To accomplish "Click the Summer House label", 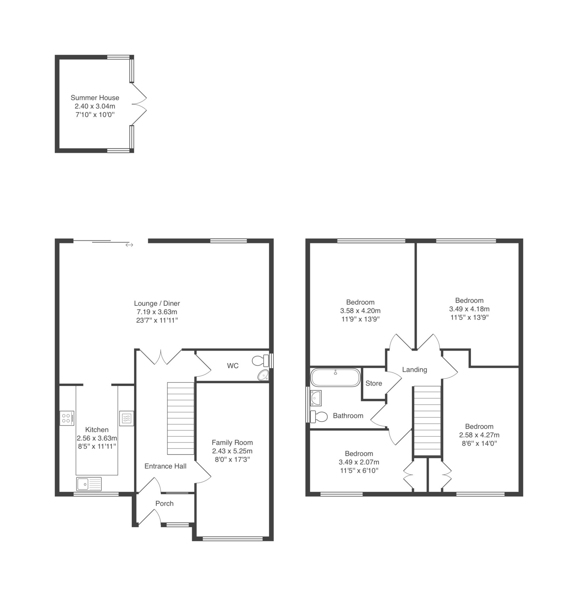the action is pos(95,98).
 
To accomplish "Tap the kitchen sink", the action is pos(89,484).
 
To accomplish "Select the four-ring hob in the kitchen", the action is pos(67,418).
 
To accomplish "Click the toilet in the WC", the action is pos(260,360).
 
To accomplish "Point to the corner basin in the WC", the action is pos(263,375).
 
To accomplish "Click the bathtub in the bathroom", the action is pos(336,377).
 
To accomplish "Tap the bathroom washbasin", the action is pos(316,398).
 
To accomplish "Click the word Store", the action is pos(374,383).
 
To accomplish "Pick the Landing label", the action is pos(415,370).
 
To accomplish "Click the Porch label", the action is pos(164,503).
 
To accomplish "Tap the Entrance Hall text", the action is pos(166,466).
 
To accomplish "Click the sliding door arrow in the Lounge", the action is pos(129,245).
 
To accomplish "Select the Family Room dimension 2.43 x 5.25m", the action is pos(232,451).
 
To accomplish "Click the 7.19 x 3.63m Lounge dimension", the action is pos(157,312).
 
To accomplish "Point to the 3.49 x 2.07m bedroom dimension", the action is pos(359,462).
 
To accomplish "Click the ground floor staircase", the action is pos(181,418).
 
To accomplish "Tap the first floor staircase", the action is pos(427,421).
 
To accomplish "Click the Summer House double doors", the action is pos(139,104).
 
